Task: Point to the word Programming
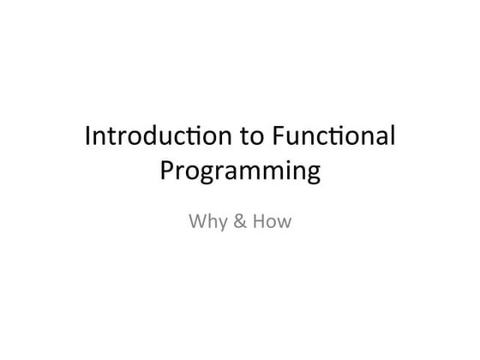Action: tap(240, 172)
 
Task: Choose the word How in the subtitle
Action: tap(272, 223)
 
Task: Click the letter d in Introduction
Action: tap(151, 136)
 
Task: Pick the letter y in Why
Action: tap(219, 225)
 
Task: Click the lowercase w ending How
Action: tap(285, 224)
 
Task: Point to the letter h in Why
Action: tap(209, 222)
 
